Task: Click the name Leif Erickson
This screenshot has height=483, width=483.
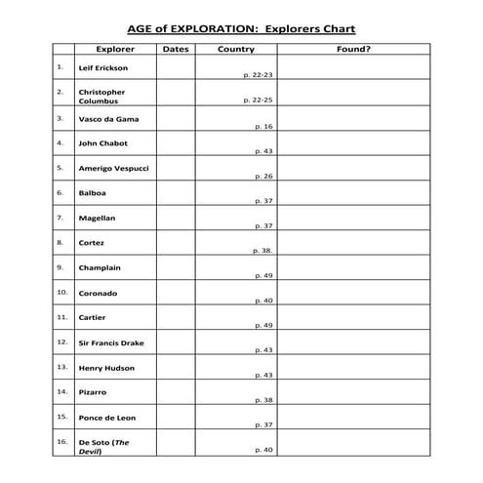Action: (102, 69)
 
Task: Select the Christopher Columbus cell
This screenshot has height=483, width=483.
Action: (101, 96)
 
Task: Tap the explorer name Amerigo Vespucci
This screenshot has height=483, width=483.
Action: (113, 169)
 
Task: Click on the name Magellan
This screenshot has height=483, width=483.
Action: (97, 219)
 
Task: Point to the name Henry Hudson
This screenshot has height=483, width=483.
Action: (106, 368)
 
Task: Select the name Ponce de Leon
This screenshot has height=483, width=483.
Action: (106, 418)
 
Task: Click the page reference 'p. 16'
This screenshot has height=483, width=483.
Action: (263, 126)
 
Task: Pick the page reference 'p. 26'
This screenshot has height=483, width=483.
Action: (263, 176)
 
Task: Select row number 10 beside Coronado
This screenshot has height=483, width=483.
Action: (61, 292)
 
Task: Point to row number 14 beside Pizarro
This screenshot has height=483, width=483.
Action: (61, 391)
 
